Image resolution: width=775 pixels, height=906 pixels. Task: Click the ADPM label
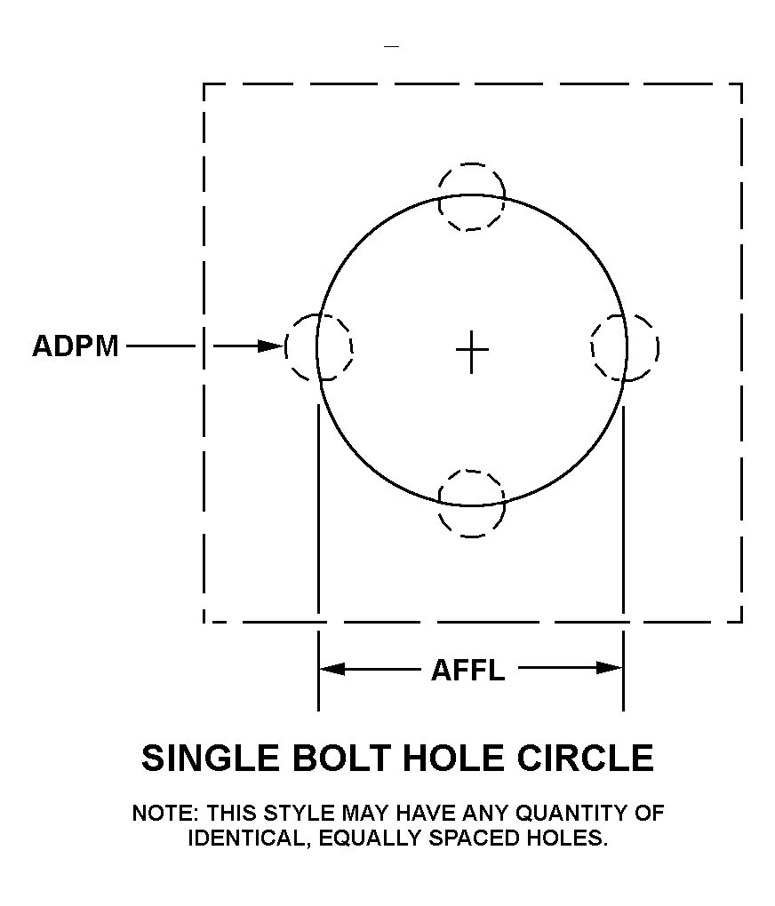(76, 346)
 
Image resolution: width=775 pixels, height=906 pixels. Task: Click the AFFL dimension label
(467, 671)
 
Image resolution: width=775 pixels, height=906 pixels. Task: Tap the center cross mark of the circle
(472, 352)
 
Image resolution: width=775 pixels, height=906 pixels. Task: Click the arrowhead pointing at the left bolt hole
(271, 346)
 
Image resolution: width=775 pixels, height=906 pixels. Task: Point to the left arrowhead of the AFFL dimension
(332, 669)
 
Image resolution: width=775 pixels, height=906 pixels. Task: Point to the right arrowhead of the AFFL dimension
(609, 669)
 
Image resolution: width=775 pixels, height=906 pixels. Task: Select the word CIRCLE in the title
(586, 758)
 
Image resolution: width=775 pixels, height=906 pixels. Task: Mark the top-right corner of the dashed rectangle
(741, 84)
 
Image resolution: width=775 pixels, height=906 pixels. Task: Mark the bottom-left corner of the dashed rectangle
(204, 623)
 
